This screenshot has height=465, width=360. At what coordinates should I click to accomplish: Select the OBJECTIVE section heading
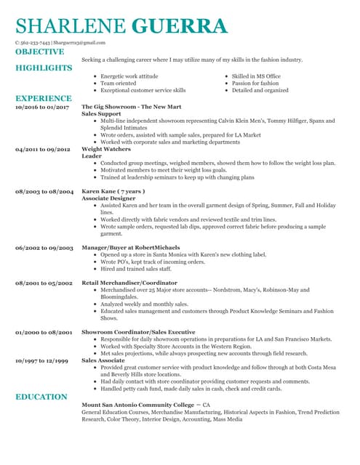point(39,52)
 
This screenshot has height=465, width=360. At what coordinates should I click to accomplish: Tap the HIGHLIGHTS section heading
point(44,68)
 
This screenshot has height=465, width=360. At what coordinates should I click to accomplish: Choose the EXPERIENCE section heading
point(44,98)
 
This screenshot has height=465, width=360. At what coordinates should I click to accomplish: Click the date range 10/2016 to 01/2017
point(42,108)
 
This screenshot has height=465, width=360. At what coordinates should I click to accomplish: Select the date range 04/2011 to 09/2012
point(42,149)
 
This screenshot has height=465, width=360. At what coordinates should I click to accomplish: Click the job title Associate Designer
point(108,198)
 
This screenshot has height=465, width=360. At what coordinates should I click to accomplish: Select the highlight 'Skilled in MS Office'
point(256,76)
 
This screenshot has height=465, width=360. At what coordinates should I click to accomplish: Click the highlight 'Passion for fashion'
point(255,84)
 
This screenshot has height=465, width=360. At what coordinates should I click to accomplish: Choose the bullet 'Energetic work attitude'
point(129,76)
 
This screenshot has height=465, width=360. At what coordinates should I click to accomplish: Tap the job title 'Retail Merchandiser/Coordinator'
point(129,282)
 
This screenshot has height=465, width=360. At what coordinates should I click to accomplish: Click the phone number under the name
point(36,44)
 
